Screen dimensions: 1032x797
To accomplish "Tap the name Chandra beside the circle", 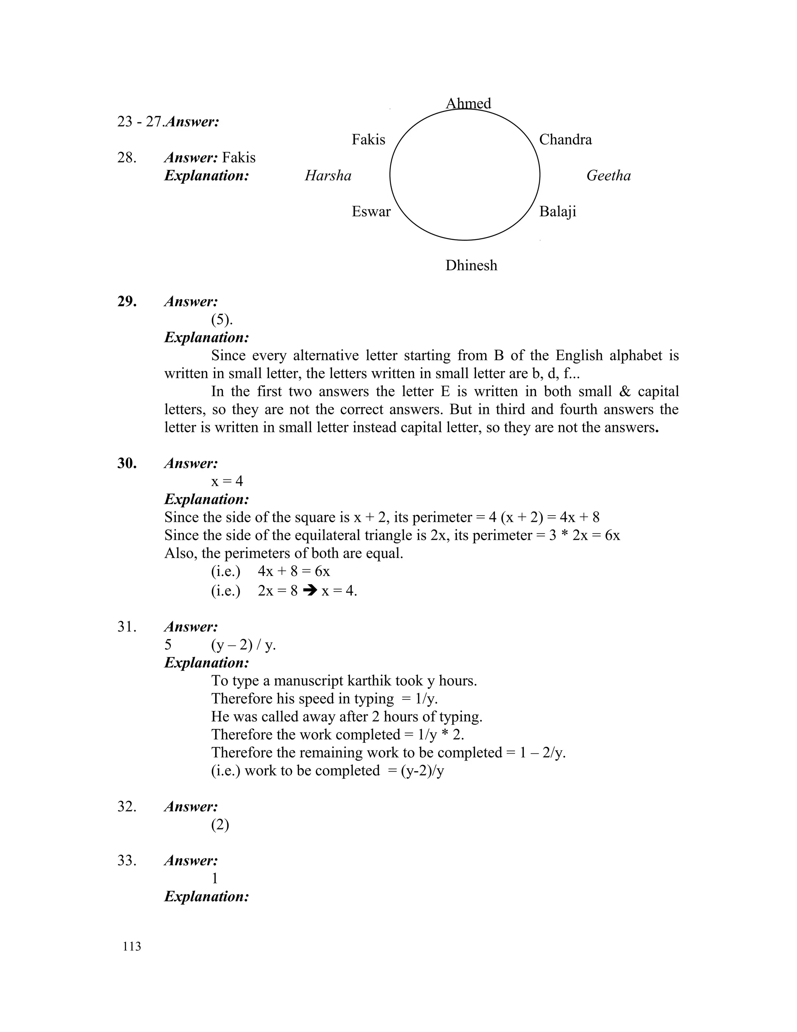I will (565, 139).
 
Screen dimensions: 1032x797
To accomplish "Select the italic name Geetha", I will (608, 176).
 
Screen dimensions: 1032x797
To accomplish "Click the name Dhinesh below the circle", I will (471, 266).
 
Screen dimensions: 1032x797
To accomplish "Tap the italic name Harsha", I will (328, 176).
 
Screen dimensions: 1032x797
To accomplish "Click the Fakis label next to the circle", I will (368, 139).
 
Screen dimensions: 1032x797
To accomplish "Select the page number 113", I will (132, 946).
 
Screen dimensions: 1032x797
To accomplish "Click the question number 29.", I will (127, 301).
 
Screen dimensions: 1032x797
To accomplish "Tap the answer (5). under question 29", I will (222, 320).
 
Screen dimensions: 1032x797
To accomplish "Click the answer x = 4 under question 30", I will (227, 481).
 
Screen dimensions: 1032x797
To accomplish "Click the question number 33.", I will (127, 861).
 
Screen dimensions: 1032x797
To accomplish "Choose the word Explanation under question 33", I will (206, 896).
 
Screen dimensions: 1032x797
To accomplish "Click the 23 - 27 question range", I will (140, 122).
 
